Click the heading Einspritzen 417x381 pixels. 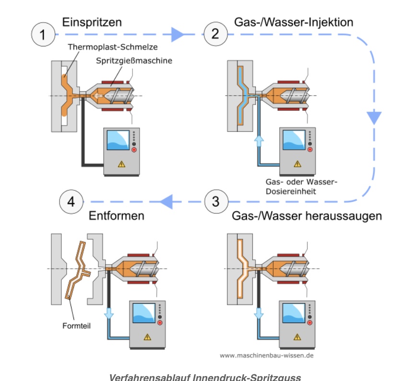[x=92, y=22]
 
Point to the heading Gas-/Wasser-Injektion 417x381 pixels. [x=294, y=22]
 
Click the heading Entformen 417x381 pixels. [x=117, y=216]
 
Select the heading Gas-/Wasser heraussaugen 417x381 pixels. [x=307, y=216]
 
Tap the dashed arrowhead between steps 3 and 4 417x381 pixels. [x=166, y=202]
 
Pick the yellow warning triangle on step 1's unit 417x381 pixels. [x=121, y=164]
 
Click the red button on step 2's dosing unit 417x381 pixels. [x=310, y=149]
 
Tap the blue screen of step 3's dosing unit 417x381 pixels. [x=294, y=316]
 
